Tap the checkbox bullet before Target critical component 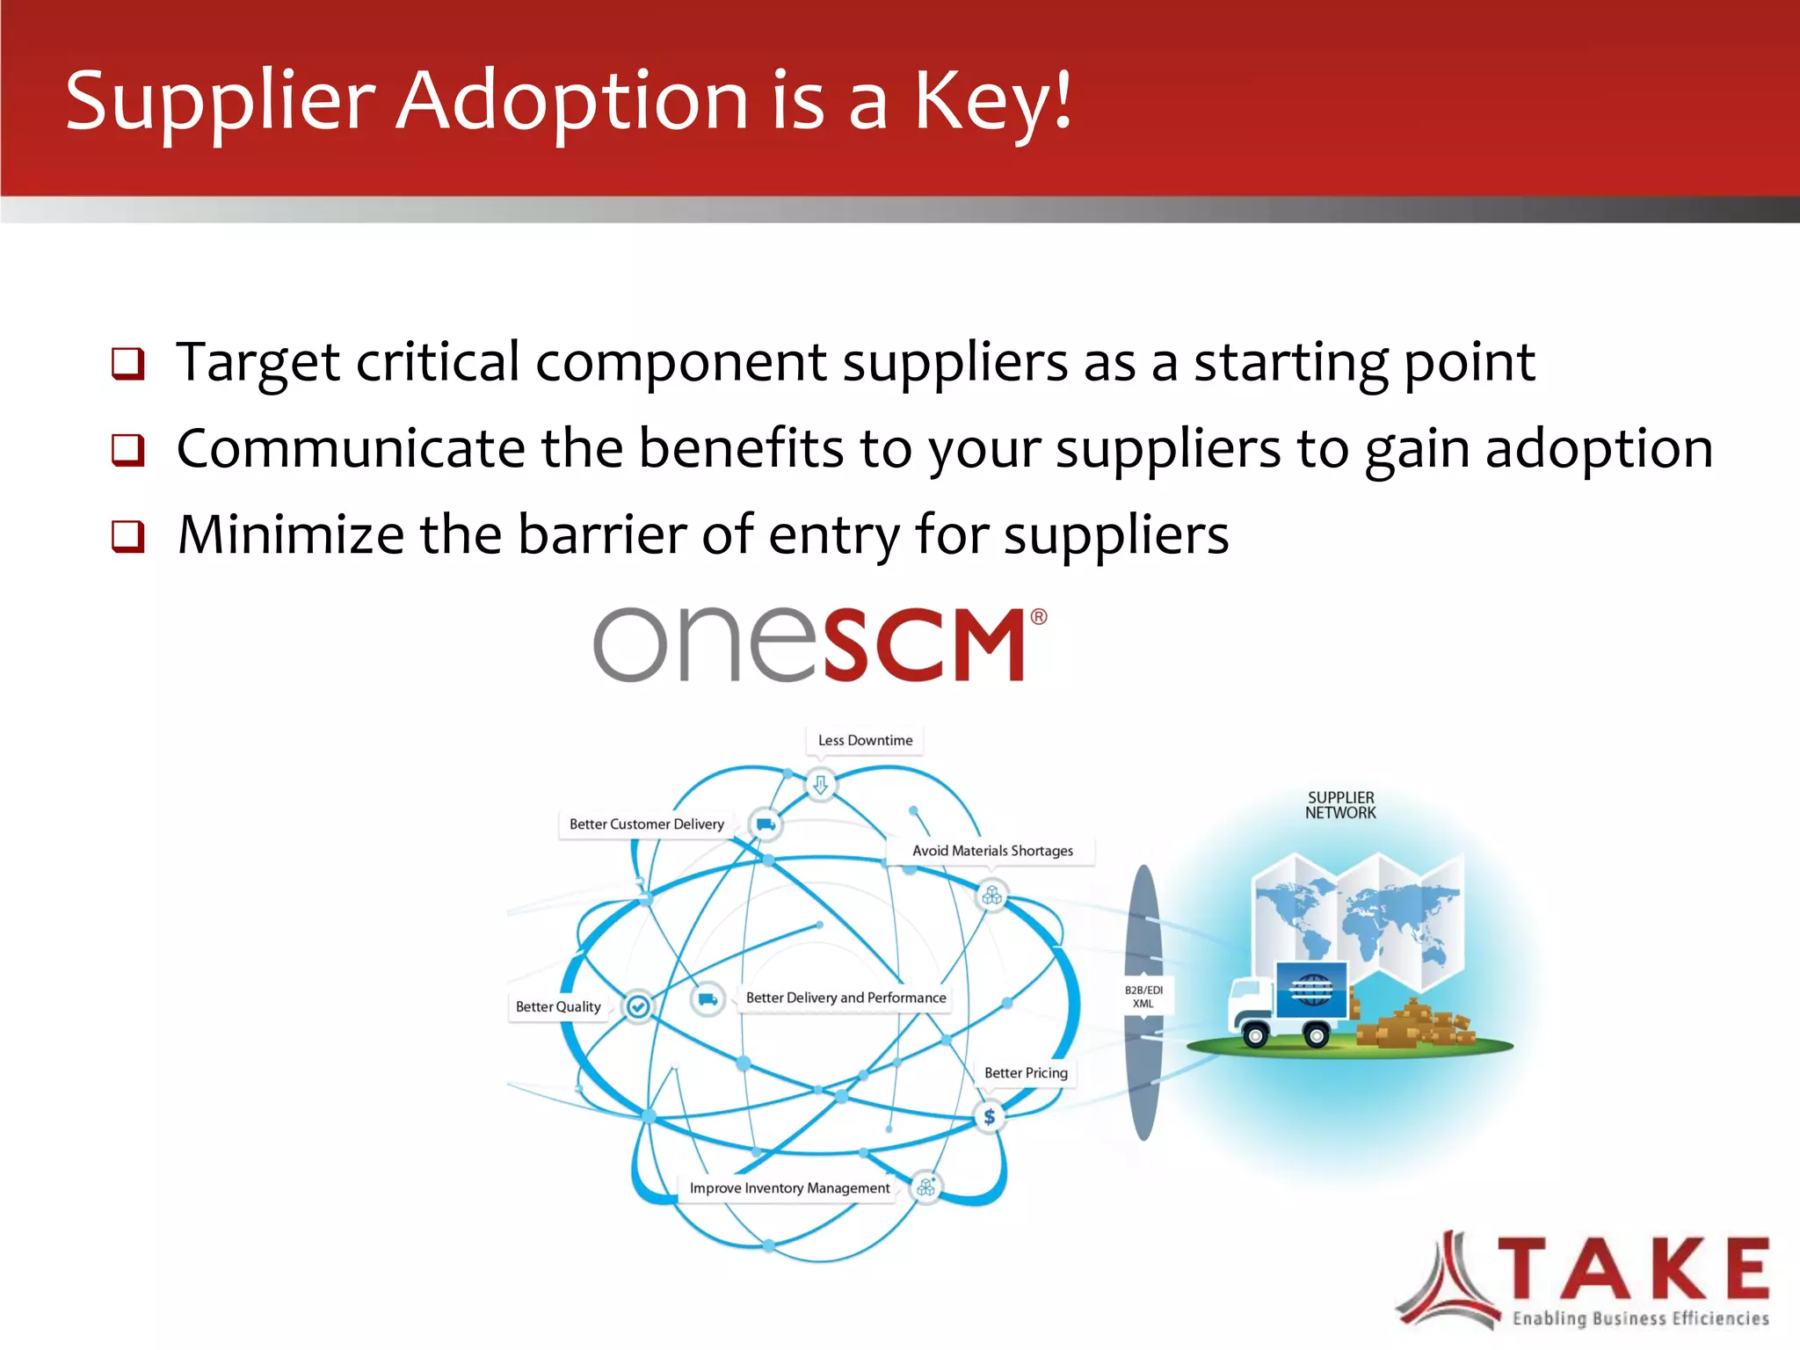[127, 363]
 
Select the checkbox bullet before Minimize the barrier [127, 535]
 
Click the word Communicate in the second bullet [350, 449]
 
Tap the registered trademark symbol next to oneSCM [1038, 617]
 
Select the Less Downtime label [865, 740]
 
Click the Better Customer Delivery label [646, 824]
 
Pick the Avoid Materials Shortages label [992, 851]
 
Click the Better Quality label [558, 1006]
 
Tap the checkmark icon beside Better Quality [639, 1006]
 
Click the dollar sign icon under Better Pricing [990, 1117]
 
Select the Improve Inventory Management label [789, 1188]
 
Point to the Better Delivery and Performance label [846, 998]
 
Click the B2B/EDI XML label [1143, 997]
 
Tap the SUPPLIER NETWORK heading [1340, 805]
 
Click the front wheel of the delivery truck [1256, 1036]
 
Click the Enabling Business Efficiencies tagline [1640, 1318]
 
